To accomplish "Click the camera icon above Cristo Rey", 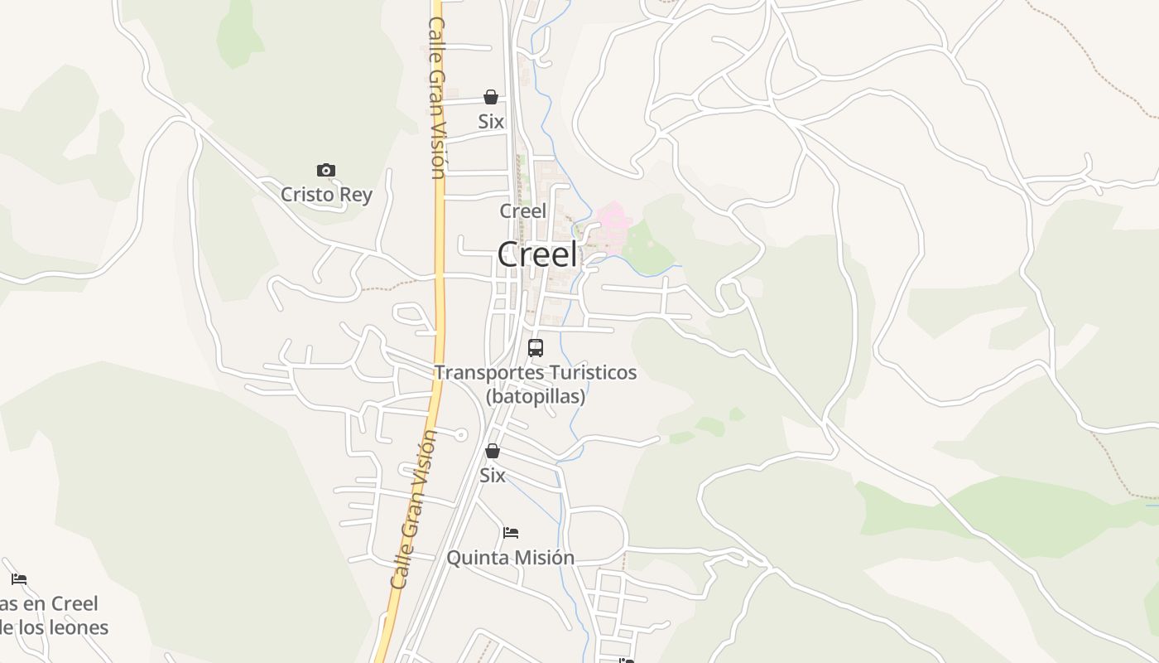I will (x=326, y=171).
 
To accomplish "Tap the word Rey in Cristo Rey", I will (x=354, y=196).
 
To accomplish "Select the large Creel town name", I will (x=537, y=254).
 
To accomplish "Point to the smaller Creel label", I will (x=522, y=211).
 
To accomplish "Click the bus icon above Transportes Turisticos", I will (x=536, y=348).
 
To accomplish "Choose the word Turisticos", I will (x=589, y=373).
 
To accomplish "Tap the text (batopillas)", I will (x=536, y=396).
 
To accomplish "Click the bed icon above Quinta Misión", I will (x=511, y=532).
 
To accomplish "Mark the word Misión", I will (x=542, y=558).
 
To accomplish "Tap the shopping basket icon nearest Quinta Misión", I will (x=493, y=451).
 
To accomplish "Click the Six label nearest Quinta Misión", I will (x=493, y=476).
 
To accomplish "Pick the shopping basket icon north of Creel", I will (x=491, y=97).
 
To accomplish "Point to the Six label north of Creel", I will (x=491, y=122).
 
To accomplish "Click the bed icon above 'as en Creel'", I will (x=19, y=578).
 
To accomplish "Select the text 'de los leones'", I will (x=55, y=627).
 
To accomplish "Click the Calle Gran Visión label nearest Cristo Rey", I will (x=437, y=98).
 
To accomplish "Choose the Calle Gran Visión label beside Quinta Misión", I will (x=413, y=509).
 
